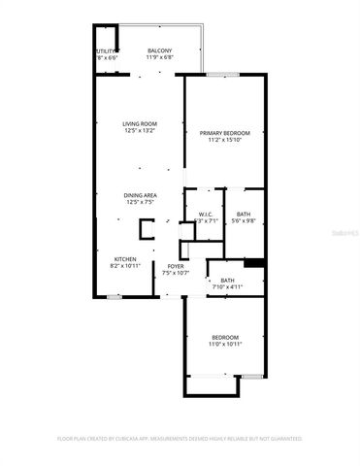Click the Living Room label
pyautogui.click(x=140, y=124)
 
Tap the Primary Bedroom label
pyautogui.click(x=224, y=133)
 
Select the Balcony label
pyautogui.click(x=160, y=50)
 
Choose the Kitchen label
pyautogui.click(x=126, y=259)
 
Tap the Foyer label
pyautogui.click(x=176, y=266)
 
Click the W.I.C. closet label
pyautogui.click(x=206, y=214)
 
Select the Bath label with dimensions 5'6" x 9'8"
pyautogui.click(x=243, y=214)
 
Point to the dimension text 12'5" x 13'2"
pyautogui.click(x=140, y=132)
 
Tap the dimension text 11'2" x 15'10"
pyautogui.click(x=224, y=141)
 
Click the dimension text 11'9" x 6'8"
pyautogui.click(x=160, y=58)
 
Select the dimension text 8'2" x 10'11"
pyautogui.click(x=126, y=266)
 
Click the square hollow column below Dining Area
pyautogui.click(x=146, y=229)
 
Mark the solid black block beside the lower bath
pyautogui.click(x=255, y=261)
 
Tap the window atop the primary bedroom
pyautogui.click(x=223, y=74)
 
